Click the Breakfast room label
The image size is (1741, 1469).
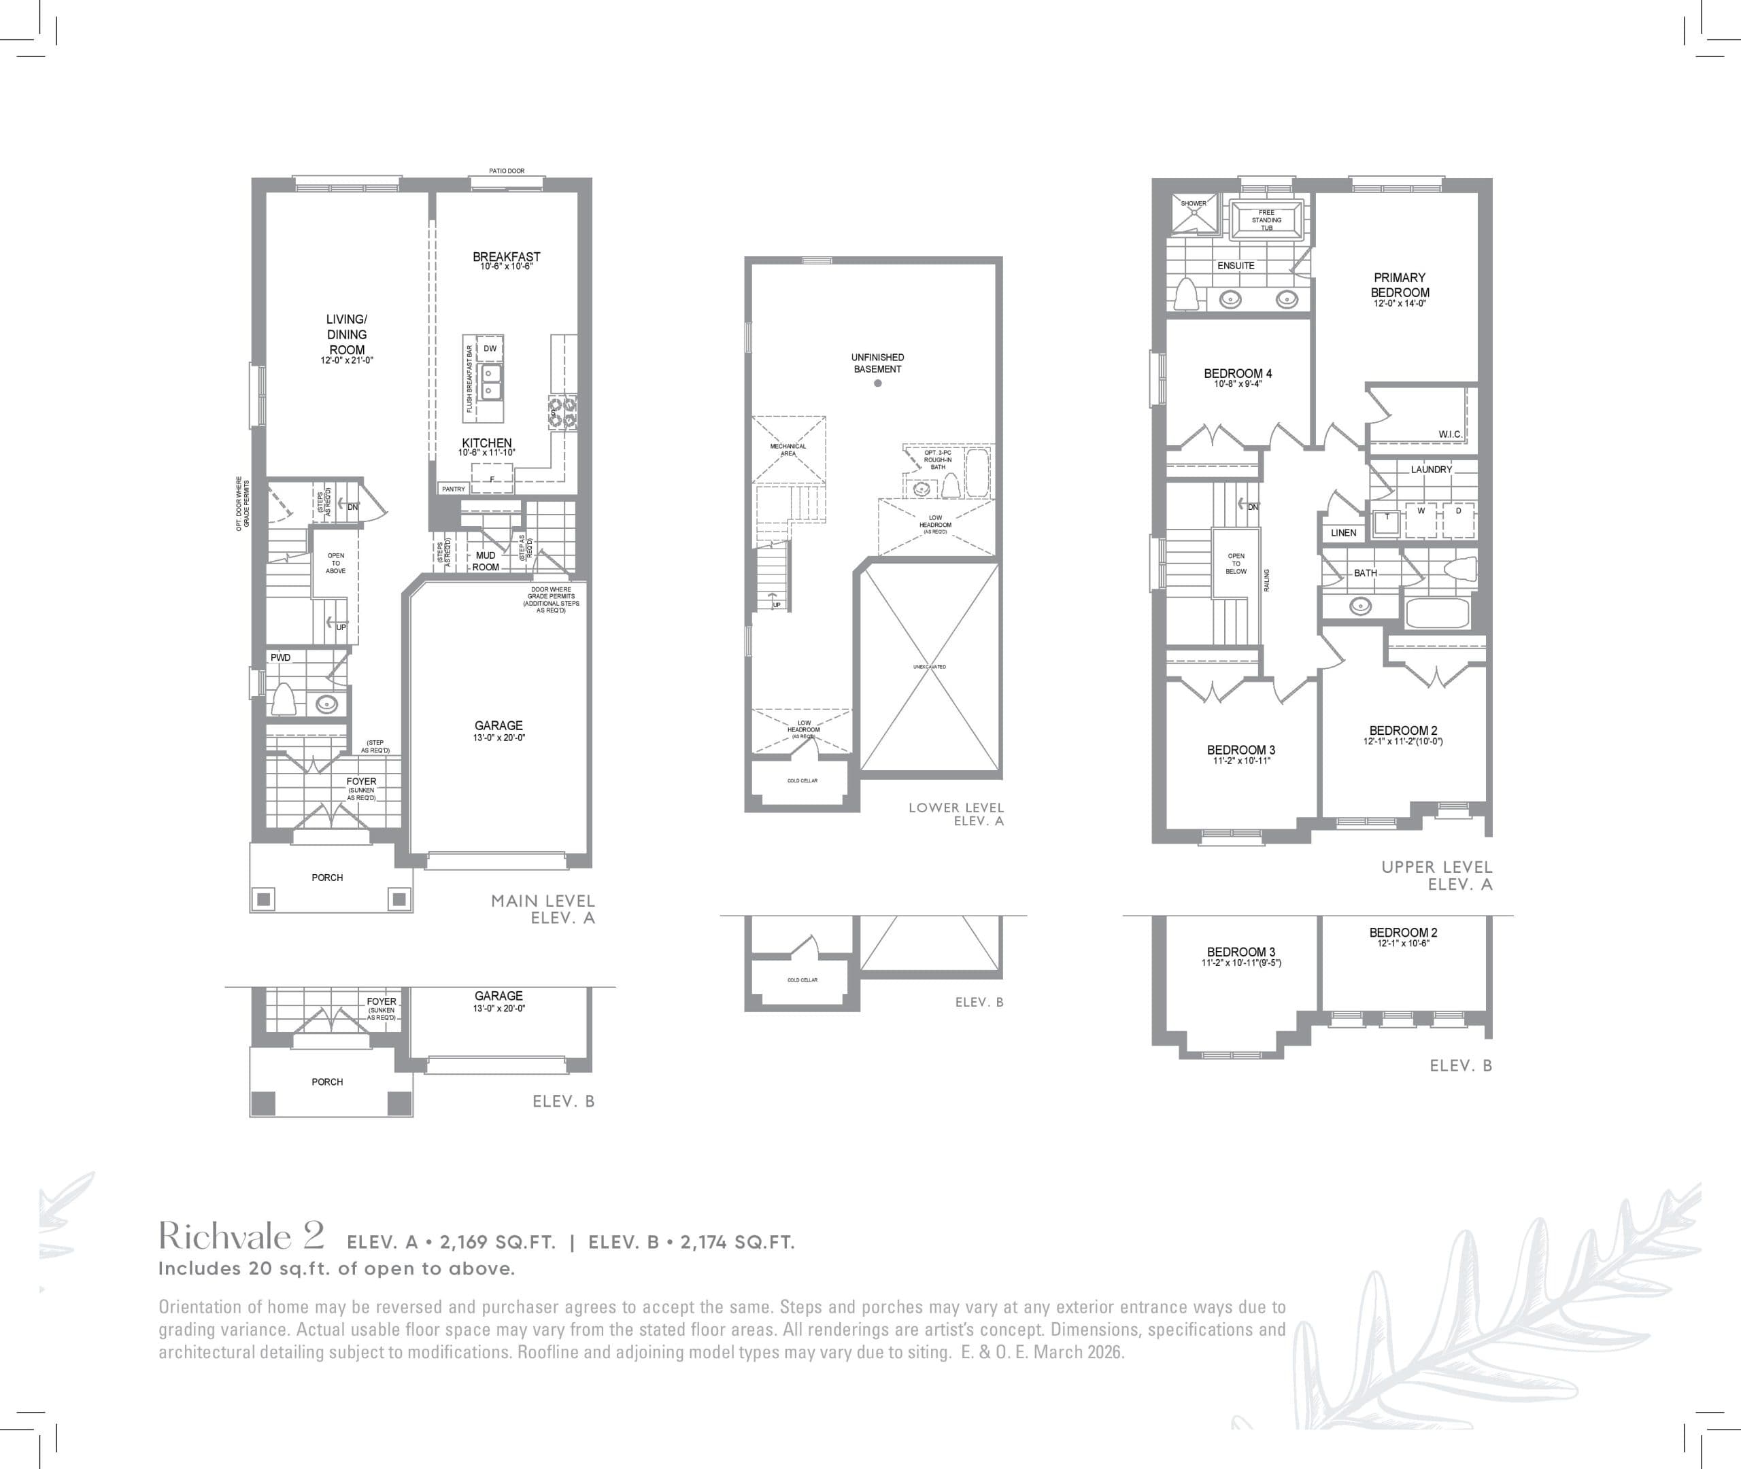(x=507, y=256)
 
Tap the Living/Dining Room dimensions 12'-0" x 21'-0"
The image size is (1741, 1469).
(x=347, y=360)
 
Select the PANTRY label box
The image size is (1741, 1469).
(x=453, y=489)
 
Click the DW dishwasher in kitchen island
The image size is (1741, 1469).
(x=490, y=348)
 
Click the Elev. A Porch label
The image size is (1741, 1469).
(x=327, y=877)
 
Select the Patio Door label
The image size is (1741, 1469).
(x=507, y=171)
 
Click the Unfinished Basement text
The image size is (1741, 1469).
(x=877, y=363)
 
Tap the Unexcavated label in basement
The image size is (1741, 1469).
(x=929, y=667)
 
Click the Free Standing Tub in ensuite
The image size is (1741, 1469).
(x=1266, y=220)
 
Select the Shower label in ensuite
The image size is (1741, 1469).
(x=1193, y=203)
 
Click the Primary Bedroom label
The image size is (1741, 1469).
(x=1400, y=285)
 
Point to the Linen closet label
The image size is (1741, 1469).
(x=1343, y=532)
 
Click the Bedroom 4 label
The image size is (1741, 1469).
(x=1238, y=373)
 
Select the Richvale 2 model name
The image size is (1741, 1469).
(x=241, y=1237)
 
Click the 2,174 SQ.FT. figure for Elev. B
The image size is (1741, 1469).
(x=737, y=1242)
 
